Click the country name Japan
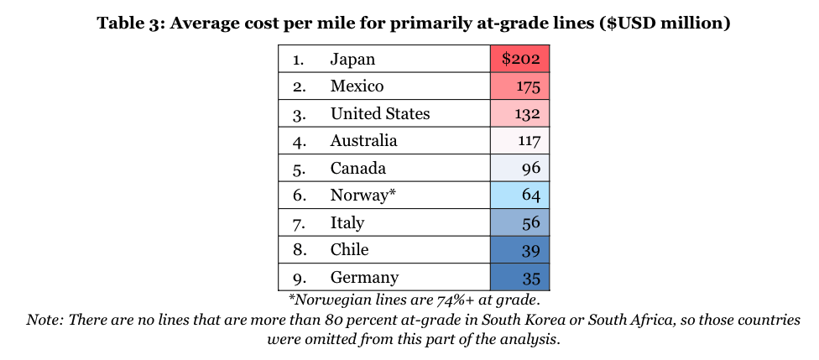[352, 59]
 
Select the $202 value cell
[520, 59]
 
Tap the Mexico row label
[357, 86]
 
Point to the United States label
[379, 113]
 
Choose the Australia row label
[363, 141]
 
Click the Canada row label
[357, 168]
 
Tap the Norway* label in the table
[363, 196]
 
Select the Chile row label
[349, 250]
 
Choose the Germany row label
[364, 278]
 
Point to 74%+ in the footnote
[429, 300]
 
